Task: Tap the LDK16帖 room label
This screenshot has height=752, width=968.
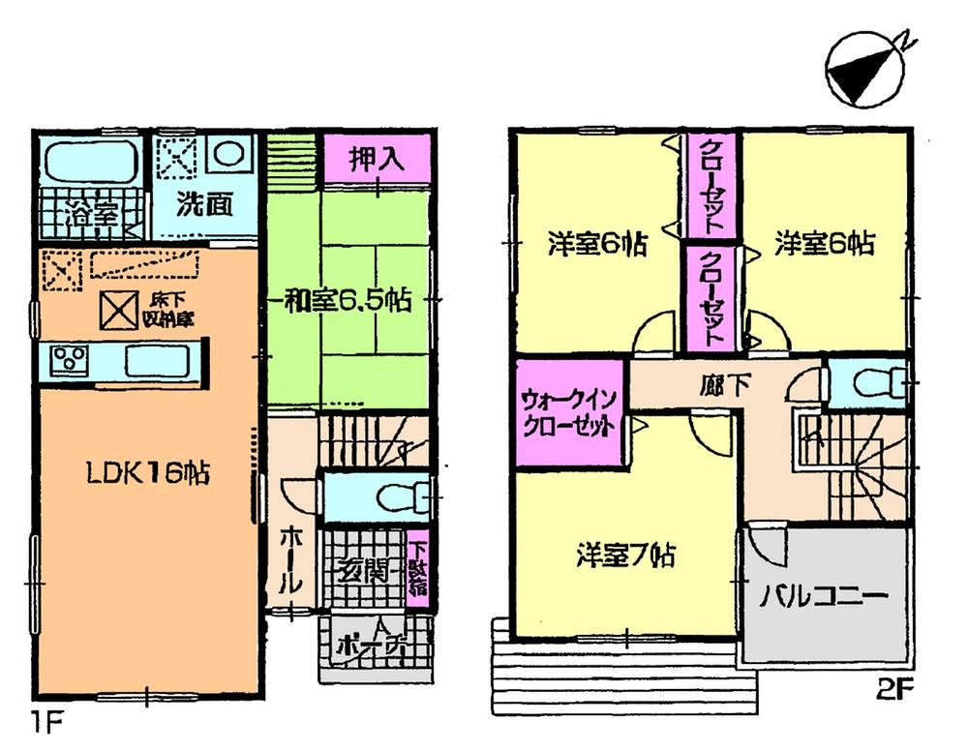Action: pyautogui.click(x=141, y=475)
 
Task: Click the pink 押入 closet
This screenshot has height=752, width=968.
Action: pyautogui.click(x=376, y=159)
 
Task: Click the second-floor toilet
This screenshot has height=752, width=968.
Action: pyautogui.click(x=872, y=385)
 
